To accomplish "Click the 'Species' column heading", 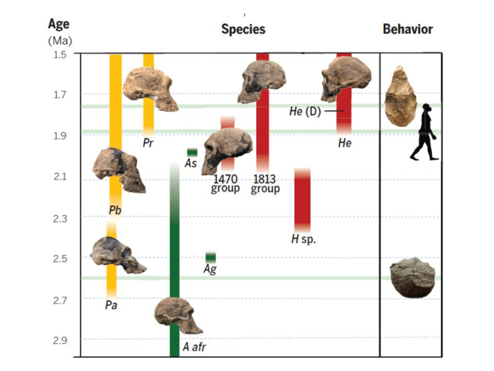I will [x=243, y=29].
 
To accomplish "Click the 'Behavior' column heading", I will [x=407, y=29].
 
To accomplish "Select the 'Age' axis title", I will [x=59, y=24].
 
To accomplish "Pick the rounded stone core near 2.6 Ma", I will [x=413, y=278].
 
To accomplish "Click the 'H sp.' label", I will [x=303, y=239].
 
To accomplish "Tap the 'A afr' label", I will [x=194, y=347].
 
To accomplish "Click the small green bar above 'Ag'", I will [x=210, y=257].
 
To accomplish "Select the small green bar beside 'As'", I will [x=192, y=153].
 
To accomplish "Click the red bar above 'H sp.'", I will [x=302, y=200].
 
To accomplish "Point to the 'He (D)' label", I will [x=305, y=111].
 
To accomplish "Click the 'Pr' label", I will [x=148, y=142].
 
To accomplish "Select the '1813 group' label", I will [x=265, y=184].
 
